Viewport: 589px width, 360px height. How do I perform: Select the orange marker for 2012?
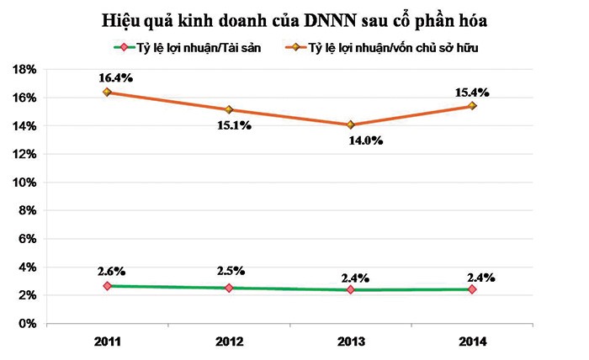[229, 109]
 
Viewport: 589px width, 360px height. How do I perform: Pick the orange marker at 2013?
[350, 124]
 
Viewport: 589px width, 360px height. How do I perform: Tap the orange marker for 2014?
[472, 106]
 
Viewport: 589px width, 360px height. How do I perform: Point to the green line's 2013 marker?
[350, 289]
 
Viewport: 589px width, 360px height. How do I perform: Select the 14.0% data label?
[364, 140]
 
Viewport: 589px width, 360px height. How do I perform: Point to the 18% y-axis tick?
[28, 70]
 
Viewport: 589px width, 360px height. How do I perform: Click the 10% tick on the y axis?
[28, 183]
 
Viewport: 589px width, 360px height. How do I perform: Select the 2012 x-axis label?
[229, 341]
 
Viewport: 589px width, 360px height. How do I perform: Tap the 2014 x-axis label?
[472, 341]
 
